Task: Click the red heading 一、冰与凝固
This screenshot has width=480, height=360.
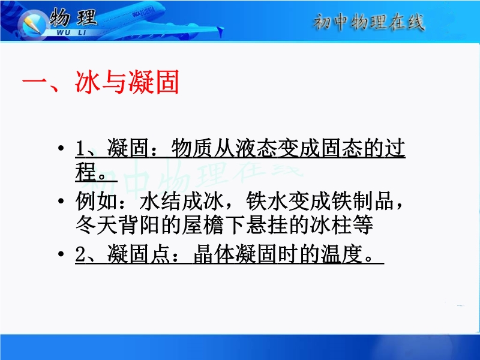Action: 100,82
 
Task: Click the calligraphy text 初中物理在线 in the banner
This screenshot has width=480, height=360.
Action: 369,22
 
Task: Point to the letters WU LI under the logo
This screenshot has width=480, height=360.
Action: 71,32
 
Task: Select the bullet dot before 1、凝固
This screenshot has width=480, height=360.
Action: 61,148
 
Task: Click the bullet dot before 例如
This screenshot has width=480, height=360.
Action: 61,201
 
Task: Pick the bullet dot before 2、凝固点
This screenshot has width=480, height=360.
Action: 61,254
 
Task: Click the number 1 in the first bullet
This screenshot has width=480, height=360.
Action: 80,148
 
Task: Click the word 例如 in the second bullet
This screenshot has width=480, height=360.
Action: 97,201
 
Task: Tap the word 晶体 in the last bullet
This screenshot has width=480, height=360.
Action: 214,254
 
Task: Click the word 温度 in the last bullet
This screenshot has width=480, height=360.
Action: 342,254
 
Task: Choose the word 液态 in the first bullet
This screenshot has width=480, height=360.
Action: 256,148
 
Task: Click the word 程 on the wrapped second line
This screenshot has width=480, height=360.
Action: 86,172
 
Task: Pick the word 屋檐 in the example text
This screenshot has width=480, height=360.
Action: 203,225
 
